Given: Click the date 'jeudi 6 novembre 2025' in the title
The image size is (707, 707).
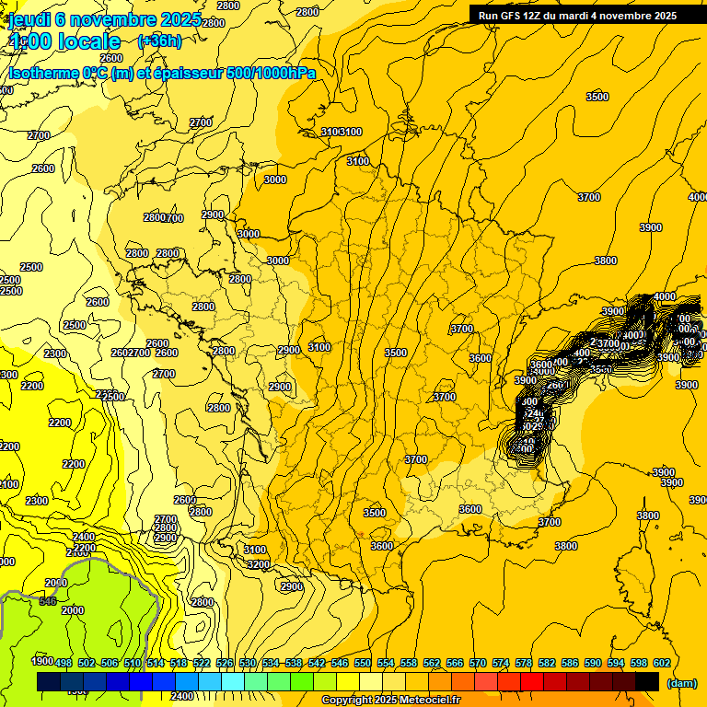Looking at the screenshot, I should pyautogui.click(x=97, y=18).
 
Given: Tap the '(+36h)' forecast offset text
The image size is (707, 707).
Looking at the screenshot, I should pyautogui.click(x=159, y=41).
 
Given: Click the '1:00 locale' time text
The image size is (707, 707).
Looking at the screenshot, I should pyautogui.click(x=64, y=41).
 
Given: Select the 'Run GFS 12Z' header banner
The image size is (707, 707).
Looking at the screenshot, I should pyautogui.click(x=577, y=15).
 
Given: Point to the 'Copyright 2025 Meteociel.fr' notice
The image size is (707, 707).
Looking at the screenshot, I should pyautogui.click(x=390, y=700).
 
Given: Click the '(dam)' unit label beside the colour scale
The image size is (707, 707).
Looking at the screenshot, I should pyautogui.click(x=681, y=682).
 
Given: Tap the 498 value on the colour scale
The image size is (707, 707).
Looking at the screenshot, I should pyautogui.click(x=64, y=663).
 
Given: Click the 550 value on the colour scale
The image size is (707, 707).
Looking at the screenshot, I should pyautogui.click(x=363, y=663).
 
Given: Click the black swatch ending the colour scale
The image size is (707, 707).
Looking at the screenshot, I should pyautogui.click(x=647, y=681).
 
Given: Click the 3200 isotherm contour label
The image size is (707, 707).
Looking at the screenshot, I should pyautogui.click(x=258, y=564).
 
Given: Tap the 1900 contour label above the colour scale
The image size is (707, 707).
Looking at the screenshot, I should pyautogui.click(x=41, y=661).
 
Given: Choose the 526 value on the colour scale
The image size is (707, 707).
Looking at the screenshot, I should pyautogui.click(x=225, y=663).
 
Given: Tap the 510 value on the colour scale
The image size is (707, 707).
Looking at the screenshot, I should pyautogui.click(x=133, y=663).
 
